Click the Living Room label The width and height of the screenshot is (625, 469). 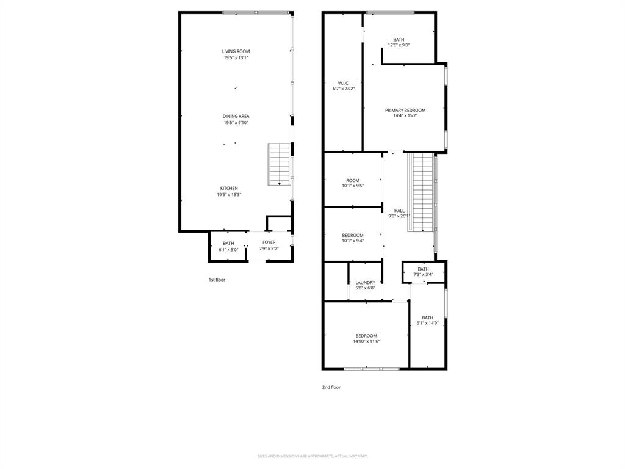[x=236, y=51]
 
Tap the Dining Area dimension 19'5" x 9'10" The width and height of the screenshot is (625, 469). [x=236, y=123]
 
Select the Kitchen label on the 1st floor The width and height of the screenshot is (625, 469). [x=229, y=188]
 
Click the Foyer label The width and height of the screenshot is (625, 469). [x=269, y=242]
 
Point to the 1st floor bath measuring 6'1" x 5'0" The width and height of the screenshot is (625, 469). [x=228, y=246]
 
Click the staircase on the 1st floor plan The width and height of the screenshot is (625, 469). [x=280, y=164]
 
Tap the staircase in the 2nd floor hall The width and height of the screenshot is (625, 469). [x=422, y=192]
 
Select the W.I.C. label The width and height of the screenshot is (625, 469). [x=344, y=83]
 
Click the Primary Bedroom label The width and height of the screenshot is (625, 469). [x=405, y=111]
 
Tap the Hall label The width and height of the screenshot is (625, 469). [x=399, y=211]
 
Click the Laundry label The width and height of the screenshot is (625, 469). [x=365, y=283]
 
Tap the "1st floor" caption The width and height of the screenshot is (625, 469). [x=217, y=280]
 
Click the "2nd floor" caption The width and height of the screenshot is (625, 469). [x=331, y=387]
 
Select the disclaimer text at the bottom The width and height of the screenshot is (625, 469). [x=312, y=456]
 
